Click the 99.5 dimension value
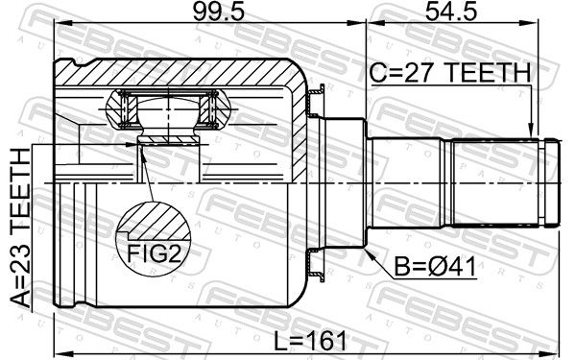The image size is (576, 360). point(219,12)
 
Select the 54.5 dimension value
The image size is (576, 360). point(451,12)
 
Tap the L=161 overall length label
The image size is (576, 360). point(310,341)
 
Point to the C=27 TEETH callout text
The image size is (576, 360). point(450,72)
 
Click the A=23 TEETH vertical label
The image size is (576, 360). point(20,228)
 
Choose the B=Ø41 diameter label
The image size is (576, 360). point(435,266)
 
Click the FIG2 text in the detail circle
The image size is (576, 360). point(155,253)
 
